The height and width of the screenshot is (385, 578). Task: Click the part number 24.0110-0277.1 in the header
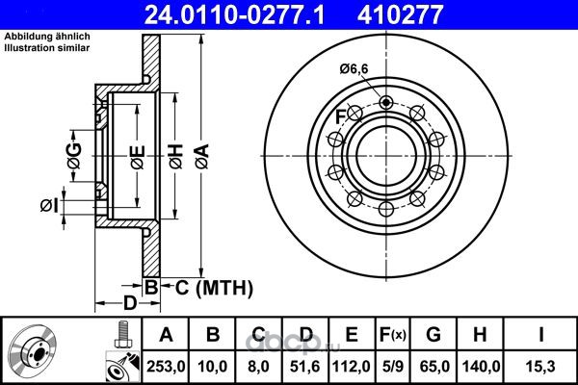[x=234, y=14]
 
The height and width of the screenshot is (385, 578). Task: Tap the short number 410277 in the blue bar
[x=400, y=14]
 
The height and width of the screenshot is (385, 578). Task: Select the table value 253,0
[x=166, y=367]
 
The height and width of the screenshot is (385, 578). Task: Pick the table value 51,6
[x=305, y=367]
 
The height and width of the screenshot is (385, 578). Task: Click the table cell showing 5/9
[x=393, y=367]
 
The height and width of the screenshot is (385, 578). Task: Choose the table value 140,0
[x=481, y=367]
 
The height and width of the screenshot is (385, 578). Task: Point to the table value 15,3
[x=540, y=367]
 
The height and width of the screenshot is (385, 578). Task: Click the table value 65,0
[x=434, y=367]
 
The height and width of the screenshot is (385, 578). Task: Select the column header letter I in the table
[x=541, y=335]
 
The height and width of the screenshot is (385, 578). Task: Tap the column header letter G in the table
[x=433, y=335]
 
